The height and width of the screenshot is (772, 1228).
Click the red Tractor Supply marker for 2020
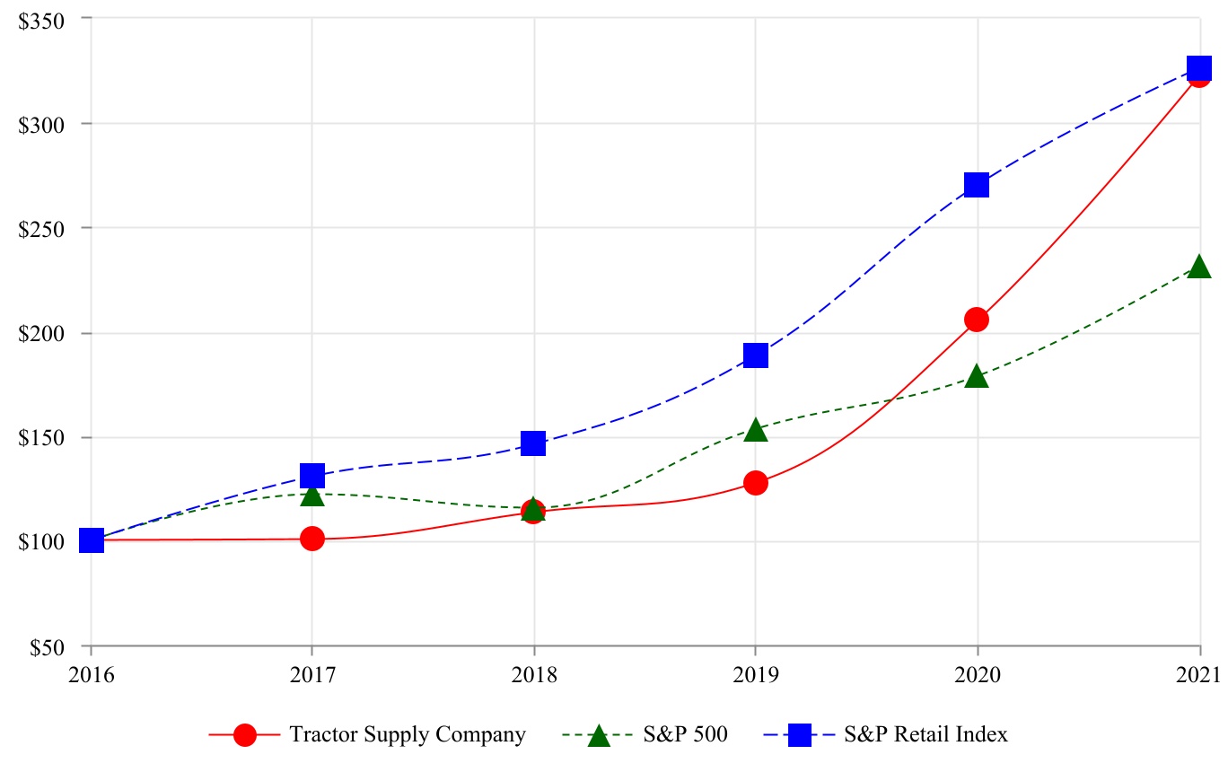(977, 320)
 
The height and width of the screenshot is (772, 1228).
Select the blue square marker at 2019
(756, 355)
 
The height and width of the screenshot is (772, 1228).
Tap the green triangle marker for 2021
(1198, 267)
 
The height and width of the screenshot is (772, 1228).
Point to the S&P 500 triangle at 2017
(312, 495)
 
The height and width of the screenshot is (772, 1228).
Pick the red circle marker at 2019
(756, 483)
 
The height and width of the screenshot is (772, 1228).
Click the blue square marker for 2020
(977, 185)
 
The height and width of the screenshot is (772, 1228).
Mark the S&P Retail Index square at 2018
(533, 443)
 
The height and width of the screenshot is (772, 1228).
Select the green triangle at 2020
(977, 376)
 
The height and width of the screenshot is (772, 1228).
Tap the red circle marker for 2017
(312, 539)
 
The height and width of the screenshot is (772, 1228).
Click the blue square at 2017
(312, 475)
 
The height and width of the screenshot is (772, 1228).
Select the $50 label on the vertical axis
(42, 647)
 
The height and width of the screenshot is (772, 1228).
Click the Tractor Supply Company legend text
(407, 734)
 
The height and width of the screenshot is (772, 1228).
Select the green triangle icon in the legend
(598, 735)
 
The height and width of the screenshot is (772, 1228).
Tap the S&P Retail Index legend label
(925, 734)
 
